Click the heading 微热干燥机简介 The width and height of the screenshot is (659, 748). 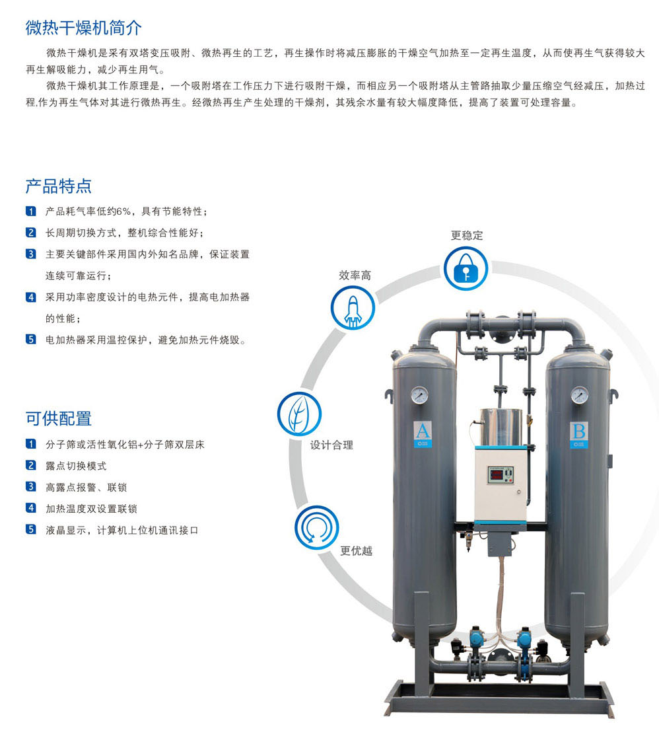pos(83,28)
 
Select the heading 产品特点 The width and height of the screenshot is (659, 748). pos(58,186)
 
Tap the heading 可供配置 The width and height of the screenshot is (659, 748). pos(58,418)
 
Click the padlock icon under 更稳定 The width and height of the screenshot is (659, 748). pos(466,268)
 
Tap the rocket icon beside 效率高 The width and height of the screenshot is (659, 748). pos(353,308)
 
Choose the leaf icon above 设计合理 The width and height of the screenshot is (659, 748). pos(300,414)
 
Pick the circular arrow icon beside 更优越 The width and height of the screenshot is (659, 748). pos(317,527)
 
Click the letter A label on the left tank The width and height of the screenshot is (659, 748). pos(423,431)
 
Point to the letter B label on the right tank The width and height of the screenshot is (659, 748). pos(579,431)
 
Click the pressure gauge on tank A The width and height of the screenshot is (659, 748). pos(419,395)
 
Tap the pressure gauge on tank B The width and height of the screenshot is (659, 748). pos(579,395)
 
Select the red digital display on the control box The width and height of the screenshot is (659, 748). pos(497,474)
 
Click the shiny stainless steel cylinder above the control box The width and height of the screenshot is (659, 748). pos(501,427)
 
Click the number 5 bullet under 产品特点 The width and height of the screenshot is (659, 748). pos(31,340)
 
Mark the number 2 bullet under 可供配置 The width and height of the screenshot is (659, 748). pos(31,465)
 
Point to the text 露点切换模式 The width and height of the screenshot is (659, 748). pos(76,466)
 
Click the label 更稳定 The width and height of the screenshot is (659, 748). pos(467,235)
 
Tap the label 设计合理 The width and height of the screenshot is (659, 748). pos(332,445)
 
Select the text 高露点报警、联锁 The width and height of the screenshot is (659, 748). pos(87,488)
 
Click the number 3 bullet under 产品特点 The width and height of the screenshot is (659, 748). pos(31,254)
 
